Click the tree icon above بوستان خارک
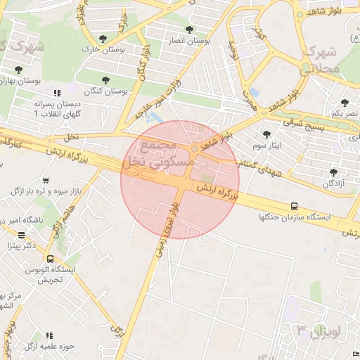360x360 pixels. pyautogui.click(x=103, y=38)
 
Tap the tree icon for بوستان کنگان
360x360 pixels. pyautogui.click(x=106, y=80)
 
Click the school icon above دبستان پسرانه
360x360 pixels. pyautogui.click(x=57, y=93)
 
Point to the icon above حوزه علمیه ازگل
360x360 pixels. pyautogui.click(x=49, y=336)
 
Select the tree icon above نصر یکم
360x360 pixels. pyautogui.click(x=345, y=103)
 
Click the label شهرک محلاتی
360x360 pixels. pyautogui.click(x=320, y=60)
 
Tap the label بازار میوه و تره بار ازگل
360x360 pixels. pyautogui.click(x=46, y=191)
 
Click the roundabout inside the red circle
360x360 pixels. pyautogui.click(x=194, y=148)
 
